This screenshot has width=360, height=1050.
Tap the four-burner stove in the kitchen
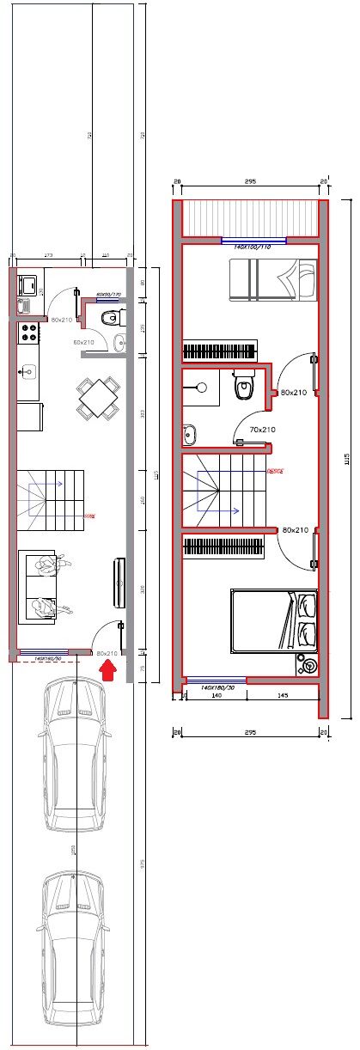pos(28,332)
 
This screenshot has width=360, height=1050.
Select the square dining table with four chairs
pos(97,398)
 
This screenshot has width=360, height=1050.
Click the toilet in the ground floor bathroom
pos(110,319)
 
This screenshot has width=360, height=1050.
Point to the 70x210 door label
pos(262,429)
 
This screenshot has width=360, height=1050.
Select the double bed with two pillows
pos(274,620)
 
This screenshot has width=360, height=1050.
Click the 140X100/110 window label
pos(253,247)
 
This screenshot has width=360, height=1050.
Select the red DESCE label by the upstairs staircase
pos(276,471)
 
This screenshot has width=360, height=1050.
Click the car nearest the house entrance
pos(74,754)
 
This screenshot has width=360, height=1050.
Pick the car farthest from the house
pos(74,948)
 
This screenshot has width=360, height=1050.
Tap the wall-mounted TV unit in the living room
pos(119,583)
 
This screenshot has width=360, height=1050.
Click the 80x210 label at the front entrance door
pos(107,653)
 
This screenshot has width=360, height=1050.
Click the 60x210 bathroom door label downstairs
pos(83,342)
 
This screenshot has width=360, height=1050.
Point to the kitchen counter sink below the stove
pos(28,371)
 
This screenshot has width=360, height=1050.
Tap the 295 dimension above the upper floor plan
pos(250,181)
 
